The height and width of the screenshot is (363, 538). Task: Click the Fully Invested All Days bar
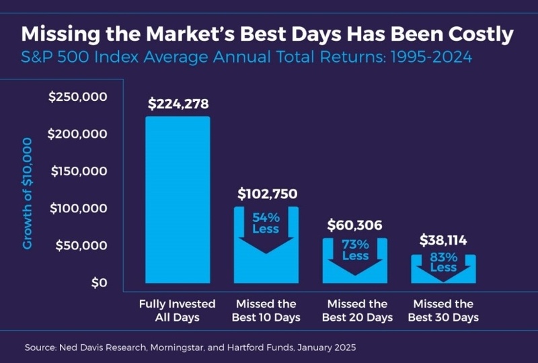178,202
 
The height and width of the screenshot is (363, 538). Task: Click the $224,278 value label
178,104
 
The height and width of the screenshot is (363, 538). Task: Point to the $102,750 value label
267,194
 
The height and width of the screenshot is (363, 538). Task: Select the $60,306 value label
355,226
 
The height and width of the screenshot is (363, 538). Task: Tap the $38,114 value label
444,240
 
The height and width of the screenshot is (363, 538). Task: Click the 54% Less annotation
266,223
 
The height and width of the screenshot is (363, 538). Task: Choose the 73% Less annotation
355,250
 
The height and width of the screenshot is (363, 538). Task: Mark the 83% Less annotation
444,262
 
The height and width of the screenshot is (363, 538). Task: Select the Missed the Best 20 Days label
355,311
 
